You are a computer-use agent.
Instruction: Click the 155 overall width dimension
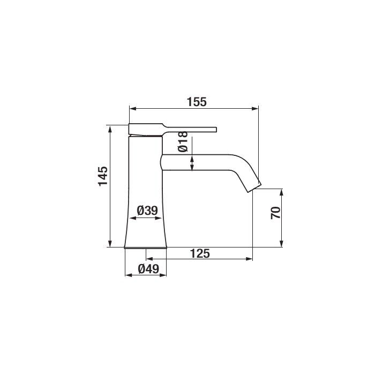197,102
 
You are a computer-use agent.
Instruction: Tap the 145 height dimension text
103,176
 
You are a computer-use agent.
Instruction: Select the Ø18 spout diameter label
183,141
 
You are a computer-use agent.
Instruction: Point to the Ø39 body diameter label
147,211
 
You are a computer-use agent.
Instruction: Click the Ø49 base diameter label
148,269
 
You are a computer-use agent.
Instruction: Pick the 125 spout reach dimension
200,253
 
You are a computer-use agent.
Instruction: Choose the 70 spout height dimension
275,213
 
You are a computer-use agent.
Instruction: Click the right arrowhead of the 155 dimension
255,109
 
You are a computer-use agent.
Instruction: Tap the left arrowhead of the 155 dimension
133,109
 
